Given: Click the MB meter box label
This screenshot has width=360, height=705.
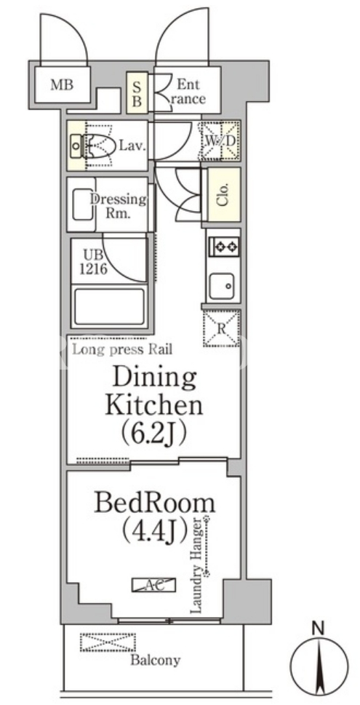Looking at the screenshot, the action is click(62, 85).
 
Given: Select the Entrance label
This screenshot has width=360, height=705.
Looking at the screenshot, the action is click(188, 91).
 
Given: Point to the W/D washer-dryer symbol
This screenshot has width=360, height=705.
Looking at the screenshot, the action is click(220, 140).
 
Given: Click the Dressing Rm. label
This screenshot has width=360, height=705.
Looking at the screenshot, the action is click(119, 205).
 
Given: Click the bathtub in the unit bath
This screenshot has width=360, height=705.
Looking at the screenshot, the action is click(110, 307).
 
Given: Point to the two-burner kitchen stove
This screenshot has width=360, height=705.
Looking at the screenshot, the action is click(224, 247).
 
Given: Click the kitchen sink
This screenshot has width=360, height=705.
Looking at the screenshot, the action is click(220, 286).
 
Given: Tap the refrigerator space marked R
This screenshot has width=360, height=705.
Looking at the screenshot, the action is click(221, 328).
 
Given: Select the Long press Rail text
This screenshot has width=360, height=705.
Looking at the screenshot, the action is click(122, 349).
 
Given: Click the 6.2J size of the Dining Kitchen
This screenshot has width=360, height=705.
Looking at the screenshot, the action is click(153, 433).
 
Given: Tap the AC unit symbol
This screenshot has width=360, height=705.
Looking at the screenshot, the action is click(153, 585).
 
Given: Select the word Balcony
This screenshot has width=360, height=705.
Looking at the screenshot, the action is click(156, 661).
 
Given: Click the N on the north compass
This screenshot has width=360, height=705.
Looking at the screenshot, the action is click(319, 626).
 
